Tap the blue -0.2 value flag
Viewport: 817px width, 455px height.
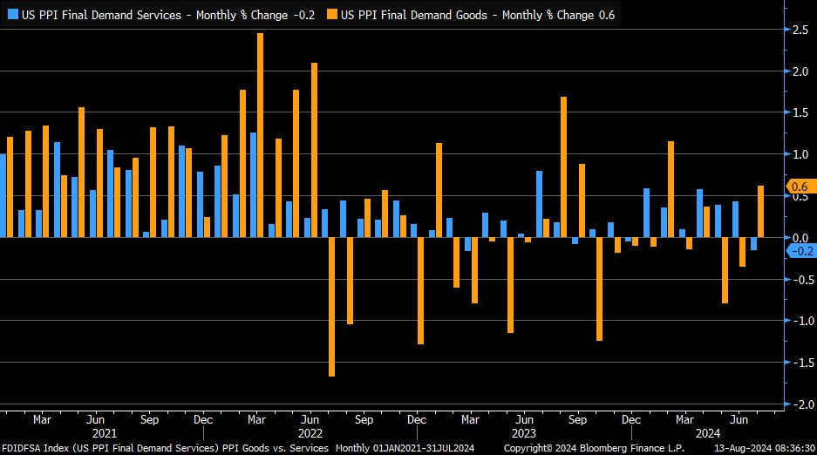[800, 251]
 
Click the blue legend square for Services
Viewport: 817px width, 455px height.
[12, 15]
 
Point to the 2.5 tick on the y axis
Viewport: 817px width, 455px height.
[799, 30]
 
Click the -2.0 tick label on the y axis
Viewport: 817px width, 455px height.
[797, 404]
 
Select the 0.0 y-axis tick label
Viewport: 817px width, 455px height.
[799, 238]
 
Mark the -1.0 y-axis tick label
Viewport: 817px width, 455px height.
[797, 321]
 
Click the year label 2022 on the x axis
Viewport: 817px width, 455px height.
[311, 433]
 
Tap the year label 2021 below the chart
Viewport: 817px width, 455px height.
[105, 433]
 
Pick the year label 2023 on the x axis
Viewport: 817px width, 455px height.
[524, 433]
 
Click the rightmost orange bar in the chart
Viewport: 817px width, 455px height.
[760, 211]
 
